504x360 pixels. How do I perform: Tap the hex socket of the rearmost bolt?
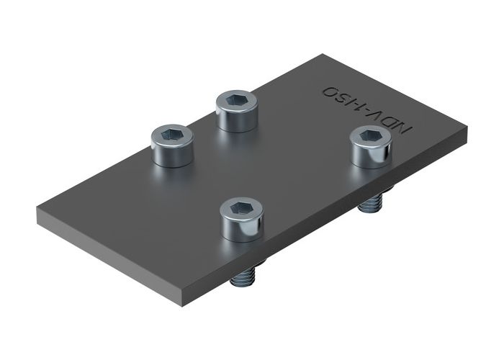click(x=238, y=98)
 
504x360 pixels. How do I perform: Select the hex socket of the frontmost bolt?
click(x=241, y=209)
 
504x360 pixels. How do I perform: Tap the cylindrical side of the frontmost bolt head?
click(x=242, y=228)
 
